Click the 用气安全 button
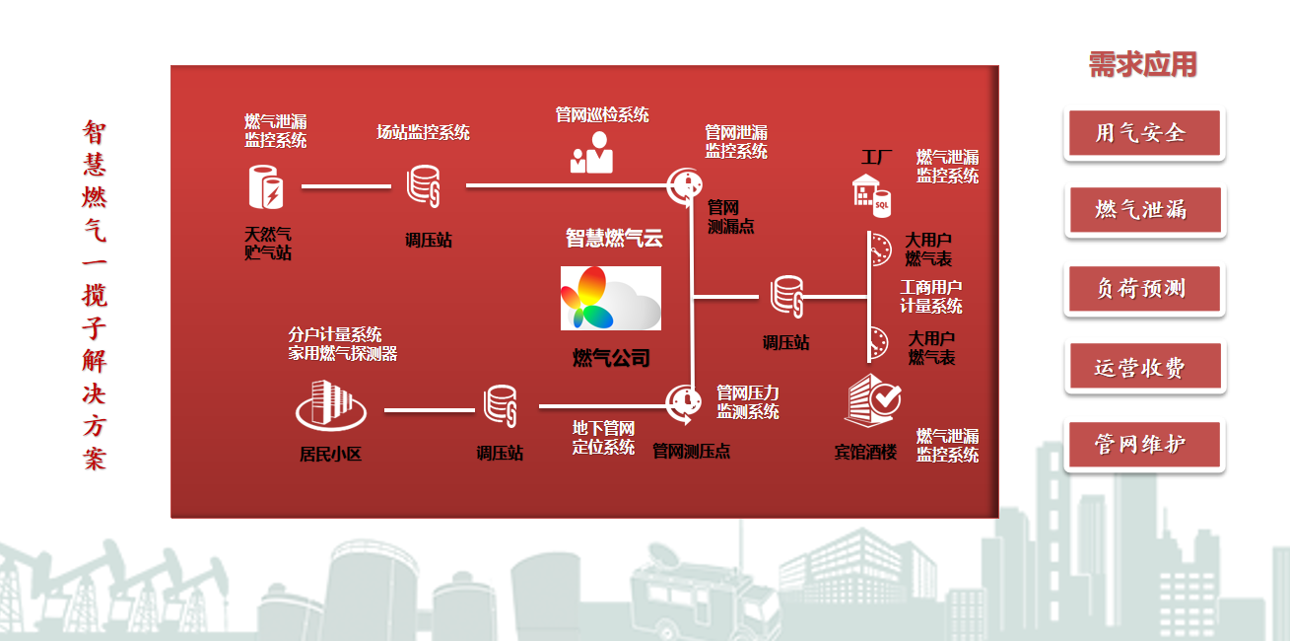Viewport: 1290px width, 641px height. (1144, 133)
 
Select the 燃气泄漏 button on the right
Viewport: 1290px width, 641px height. (1145, 210)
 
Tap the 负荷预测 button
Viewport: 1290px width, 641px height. (1144, 288)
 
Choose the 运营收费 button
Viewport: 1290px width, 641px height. (1145, 367)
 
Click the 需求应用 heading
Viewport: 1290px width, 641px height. (1142, 64)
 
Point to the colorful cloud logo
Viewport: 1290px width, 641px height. (610, 298)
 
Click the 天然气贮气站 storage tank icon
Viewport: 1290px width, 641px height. (265, 186)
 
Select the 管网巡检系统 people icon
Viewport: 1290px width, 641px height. (591, 152)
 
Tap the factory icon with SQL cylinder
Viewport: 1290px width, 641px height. (871, 196)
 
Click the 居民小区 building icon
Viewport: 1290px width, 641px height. (330, 405)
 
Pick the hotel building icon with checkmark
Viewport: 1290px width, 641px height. (872, 400)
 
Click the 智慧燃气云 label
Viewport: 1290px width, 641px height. (614, 238)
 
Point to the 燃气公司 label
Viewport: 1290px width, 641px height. (611, 358)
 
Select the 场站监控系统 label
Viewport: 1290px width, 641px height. (424, 132)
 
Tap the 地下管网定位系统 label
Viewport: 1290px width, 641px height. (603, 438)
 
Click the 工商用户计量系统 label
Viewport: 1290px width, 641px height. (931, 296)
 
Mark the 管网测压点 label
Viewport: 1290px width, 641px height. (691, 451)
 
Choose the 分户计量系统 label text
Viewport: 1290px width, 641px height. (335, 334)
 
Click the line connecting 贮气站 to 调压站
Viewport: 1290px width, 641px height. (346, 186)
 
